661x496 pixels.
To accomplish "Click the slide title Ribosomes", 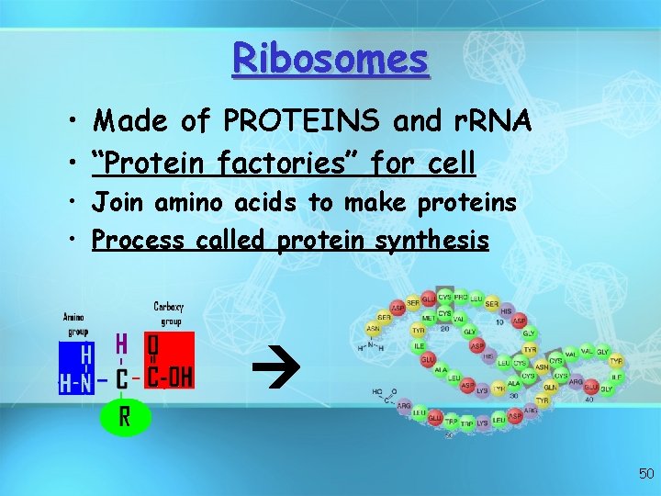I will tap(330, 59).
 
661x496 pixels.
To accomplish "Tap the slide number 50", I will tap(646, 474).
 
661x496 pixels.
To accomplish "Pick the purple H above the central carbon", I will tap(121, 344).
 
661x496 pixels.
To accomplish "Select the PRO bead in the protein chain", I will tap(461, 298).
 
